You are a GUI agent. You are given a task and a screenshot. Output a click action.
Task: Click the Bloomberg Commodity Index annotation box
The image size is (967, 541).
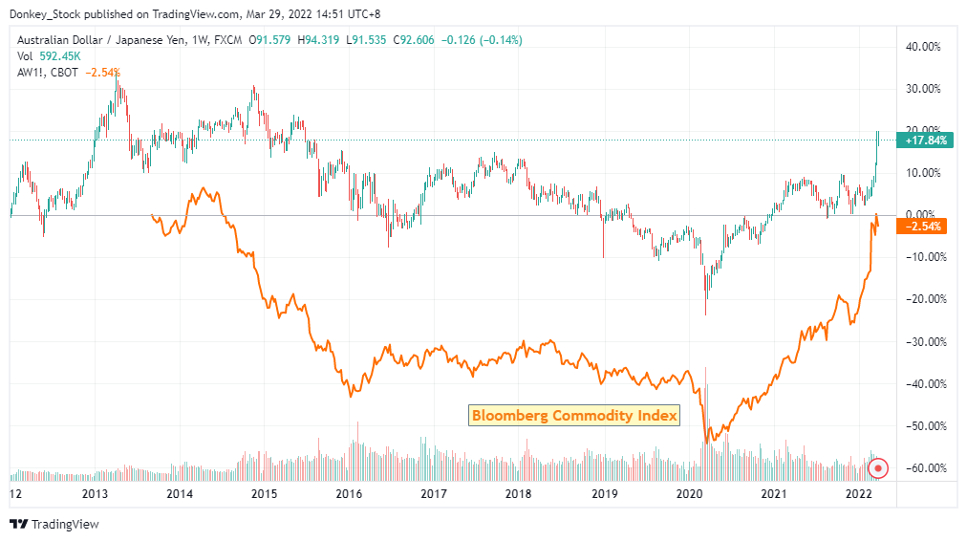point(574,415)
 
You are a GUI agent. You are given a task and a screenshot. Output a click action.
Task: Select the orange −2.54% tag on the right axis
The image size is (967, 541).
point(923,227)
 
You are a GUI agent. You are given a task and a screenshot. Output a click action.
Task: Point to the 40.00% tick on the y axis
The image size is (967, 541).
point(923,46)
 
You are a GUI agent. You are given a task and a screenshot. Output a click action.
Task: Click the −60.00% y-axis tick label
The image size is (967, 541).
point(923,468)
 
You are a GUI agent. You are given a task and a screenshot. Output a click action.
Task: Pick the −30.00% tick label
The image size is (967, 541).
point(923,341)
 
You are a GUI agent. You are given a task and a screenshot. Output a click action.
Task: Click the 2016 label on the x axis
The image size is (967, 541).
point(349,494)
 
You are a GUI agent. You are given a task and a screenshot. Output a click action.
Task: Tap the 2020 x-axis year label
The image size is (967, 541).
point(688,494)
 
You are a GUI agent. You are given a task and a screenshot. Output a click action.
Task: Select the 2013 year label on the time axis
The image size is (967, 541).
point(95,494)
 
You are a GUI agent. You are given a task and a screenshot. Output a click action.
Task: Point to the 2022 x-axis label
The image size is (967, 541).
point(857,494)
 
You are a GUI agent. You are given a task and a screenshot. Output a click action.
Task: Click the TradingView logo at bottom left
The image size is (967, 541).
point(54,524)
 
